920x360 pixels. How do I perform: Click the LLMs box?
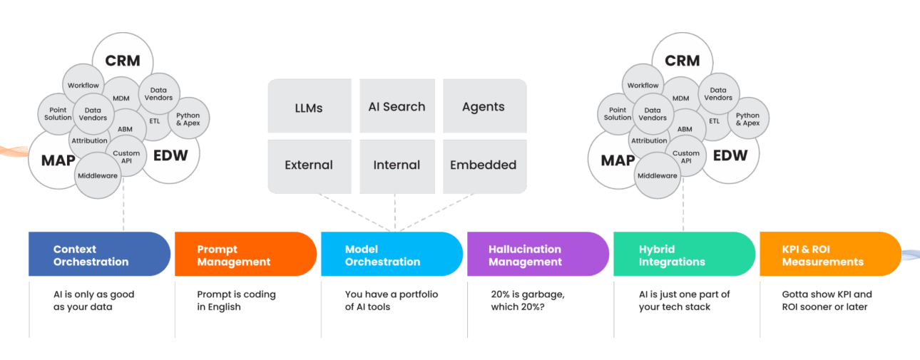[x=310, y=106]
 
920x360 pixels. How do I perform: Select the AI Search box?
[x=397, y=106]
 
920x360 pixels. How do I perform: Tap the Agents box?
[x=485, y=106]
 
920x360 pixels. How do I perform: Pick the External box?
[x=310, y=166]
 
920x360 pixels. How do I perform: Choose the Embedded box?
[x=485, y=166]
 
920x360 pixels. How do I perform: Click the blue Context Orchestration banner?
[x=99, y=254]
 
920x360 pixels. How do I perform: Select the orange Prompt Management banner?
[x=245, y=254]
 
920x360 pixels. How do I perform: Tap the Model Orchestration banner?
[x=392, y=254]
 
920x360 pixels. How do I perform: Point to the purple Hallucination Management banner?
[x=538, y=254]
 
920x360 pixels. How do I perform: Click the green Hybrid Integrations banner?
[x=684, y=254]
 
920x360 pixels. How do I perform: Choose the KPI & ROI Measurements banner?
[x=830, y=254]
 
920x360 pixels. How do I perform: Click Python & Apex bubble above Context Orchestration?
[x=188, y=118]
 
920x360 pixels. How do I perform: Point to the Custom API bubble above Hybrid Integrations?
[x=686, y=156]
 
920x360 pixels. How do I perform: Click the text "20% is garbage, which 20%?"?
[x=528, y=301]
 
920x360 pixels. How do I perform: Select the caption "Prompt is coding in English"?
[x=236, y=301]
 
